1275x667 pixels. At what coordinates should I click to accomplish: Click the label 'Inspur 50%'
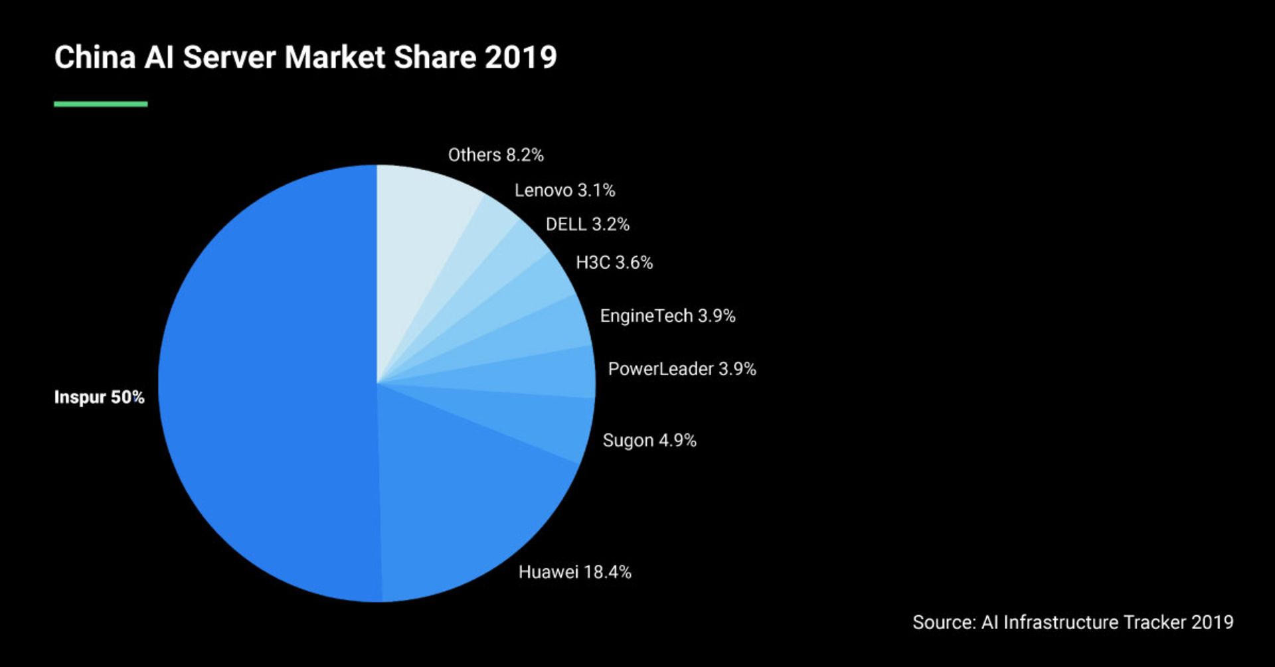click(x=99, y=397)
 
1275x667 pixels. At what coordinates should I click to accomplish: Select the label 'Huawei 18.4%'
click(x=574, y=572)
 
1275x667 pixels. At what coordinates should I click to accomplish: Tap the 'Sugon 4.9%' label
click(x=649, y=441)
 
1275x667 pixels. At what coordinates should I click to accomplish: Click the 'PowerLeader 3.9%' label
click(x=681, y=369)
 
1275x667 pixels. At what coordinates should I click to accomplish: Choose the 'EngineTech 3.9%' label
click(x=667, y=316)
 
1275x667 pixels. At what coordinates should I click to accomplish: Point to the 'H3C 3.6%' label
click(x=614, y=263)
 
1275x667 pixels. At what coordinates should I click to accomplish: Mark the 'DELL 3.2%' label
click(x=587, y=224)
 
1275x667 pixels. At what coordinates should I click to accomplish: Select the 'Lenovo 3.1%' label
click(x=564, y=190)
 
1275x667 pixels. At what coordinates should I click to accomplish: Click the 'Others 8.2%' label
click(x=495, y=155)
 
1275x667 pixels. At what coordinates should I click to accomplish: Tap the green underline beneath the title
click(x=100, y=104)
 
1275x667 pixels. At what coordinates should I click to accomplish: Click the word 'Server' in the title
click(x=229, y=57)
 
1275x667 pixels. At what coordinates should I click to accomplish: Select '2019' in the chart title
click(x=521, y=57)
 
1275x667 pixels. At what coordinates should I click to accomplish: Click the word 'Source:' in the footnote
click(x=944, y=623)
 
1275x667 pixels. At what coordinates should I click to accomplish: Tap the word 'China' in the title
click(x=95, y=57)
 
